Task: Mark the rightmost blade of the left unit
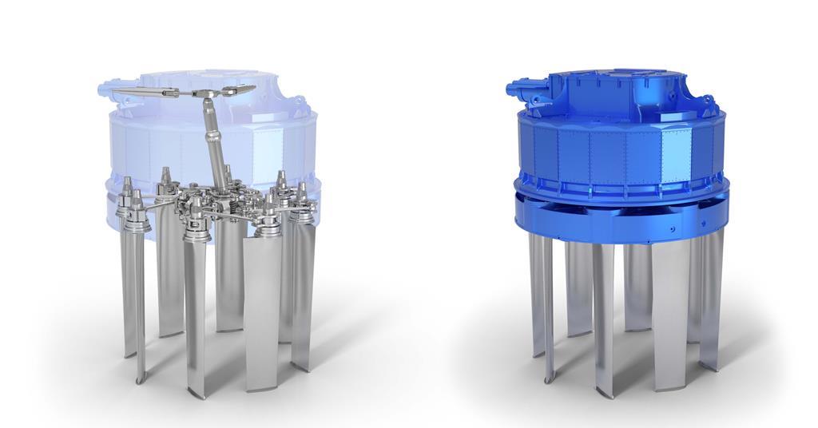pos(304,295)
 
